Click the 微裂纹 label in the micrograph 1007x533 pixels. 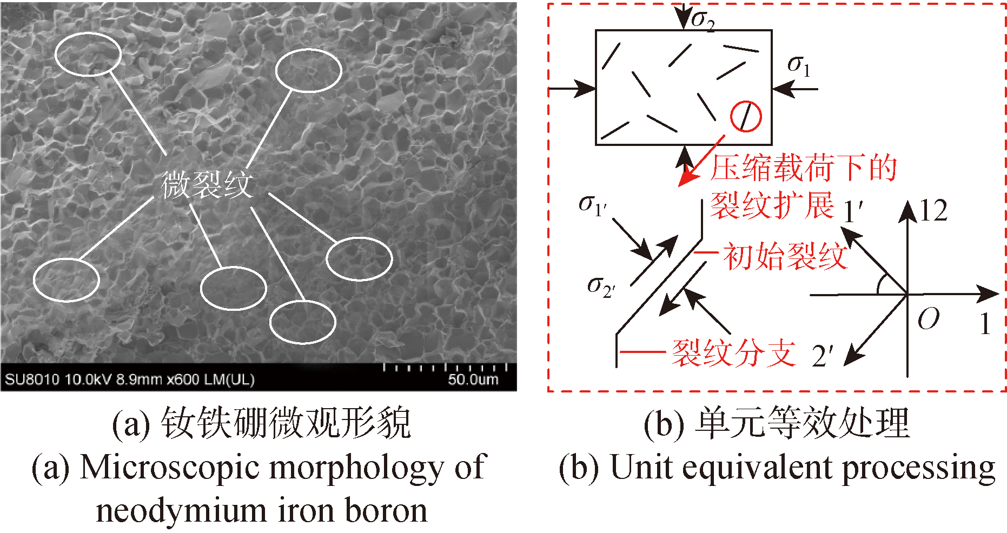tap(207, 185)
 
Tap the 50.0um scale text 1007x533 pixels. tap(473, 379)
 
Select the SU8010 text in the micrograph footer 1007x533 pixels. tap(32, 379)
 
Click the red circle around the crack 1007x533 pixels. tap(746, 116)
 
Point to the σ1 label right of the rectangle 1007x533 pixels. tap(799, 66)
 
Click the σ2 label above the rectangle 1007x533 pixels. tap(703, 20)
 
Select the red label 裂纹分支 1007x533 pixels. tap(733, 353)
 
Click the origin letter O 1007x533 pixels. tap(928, 319)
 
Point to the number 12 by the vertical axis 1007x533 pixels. tap(933, 211)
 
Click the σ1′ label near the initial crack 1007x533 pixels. tap(593, 205)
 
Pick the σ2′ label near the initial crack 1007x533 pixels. tap(601, 287)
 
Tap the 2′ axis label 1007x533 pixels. tap(823, 356)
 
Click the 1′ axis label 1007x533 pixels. tap(853, 212)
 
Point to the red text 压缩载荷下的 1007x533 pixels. tap(804, 168)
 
